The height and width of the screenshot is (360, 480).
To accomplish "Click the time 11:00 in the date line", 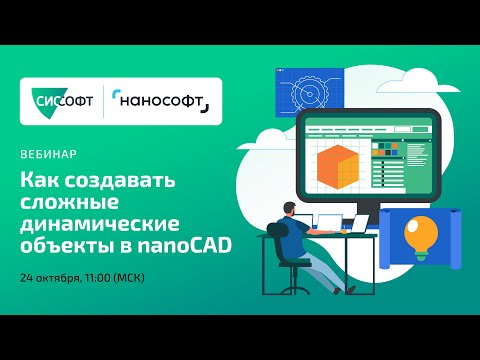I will (125, 275).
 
